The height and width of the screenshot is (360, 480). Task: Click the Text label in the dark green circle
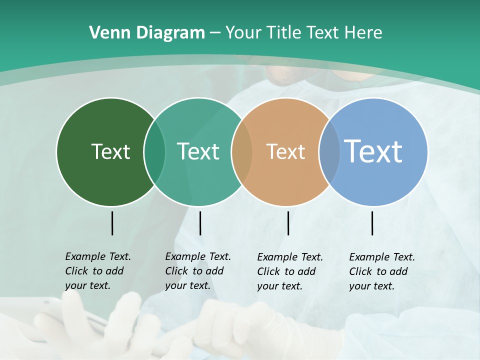110,151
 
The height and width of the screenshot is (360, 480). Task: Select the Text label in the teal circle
198,151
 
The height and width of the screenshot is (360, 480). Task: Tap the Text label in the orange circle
285,151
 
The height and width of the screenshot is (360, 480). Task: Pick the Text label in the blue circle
373,151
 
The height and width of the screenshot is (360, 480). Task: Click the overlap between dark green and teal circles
154,151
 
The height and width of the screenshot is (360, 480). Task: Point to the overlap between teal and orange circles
242,151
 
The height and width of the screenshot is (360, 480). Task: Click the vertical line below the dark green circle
112,223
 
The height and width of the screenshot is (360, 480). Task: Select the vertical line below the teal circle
200,223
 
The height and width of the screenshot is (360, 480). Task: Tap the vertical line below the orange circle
288,223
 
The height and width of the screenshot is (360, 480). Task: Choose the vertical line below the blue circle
372,223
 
